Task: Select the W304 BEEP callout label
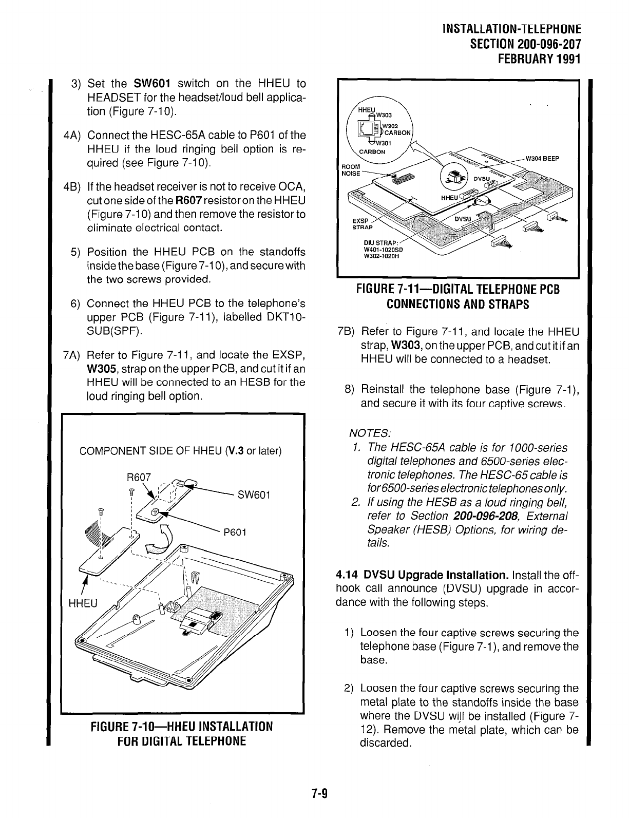pos(542,158)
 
